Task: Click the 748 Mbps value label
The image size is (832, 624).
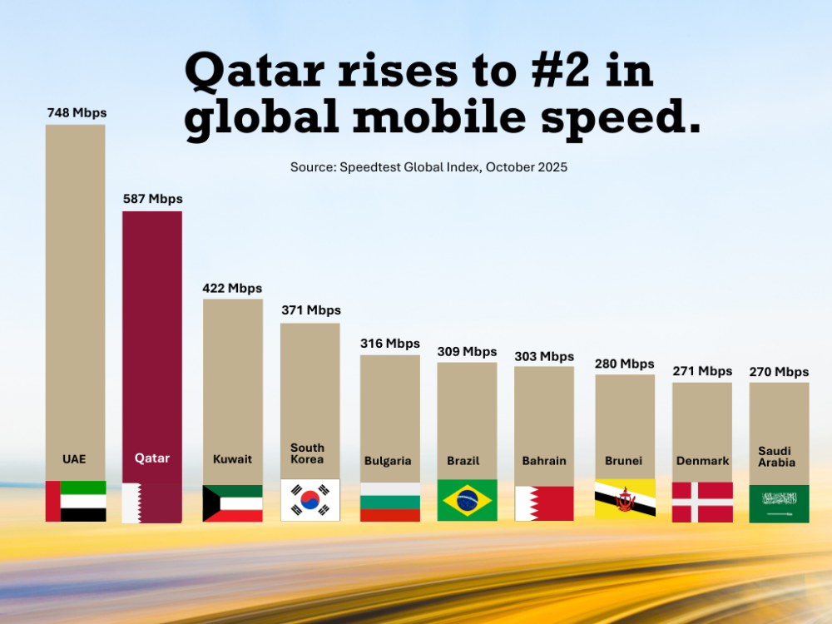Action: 77,112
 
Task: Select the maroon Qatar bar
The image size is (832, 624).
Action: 152,333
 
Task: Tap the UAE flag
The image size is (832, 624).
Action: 76,501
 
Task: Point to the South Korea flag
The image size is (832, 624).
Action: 310,500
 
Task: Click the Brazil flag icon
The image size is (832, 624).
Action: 467,500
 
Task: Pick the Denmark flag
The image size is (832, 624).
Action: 702,503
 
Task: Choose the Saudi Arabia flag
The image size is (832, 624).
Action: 779,503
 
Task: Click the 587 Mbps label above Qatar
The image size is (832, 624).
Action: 152,199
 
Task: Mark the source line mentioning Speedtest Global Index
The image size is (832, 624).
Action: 428,167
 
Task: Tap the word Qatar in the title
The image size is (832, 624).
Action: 254,70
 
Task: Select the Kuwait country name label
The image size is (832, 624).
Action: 232,459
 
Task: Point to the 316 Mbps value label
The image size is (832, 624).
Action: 390,344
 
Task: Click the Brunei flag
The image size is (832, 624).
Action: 625,498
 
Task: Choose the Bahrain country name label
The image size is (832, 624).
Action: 544,461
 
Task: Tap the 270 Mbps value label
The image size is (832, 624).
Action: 779,372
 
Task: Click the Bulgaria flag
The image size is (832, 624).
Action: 390,503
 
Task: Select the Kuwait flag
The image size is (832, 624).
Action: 232,503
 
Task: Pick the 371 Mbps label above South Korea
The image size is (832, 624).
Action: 311,310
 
